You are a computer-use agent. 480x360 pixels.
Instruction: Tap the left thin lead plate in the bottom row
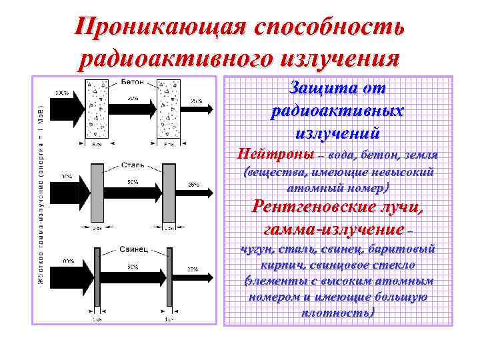click(97, 277)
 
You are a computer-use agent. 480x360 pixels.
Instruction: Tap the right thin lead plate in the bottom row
click(167, 277)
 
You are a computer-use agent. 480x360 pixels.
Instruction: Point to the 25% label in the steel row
click(193, 185)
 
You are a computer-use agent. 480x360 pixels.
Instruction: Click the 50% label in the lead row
click(132, 267)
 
